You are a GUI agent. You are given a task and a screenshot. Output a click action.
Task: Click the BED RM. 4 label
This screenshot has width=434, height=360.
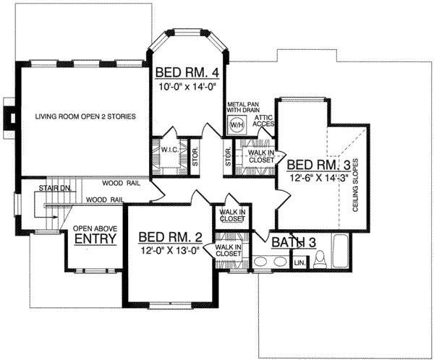point(187,73)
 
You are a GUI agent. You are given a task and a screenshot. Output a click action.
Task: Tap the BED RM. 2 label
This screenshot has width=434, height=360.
point(171,237)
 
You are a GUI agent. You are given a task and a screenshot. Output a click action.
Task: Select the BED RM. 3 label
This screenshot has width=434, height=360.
point(318,165)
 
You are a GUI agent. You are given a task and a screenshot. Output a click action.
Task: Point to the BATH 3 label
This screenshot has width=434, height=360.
point(294,243)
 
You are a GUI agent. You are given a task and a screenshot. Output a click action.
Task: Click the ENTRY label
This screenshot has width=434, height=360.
point(95,239)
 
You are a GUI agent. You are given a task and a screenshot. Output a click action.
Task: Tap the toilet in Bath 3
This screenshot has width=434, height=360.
point(320,259)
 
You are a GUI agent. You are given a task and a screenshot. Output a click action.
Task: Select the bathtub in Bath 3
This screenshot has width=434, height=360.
point(341,252)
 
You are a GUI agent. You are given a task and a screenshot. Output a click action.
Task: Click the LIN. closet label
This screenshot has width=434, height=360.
point(299,263)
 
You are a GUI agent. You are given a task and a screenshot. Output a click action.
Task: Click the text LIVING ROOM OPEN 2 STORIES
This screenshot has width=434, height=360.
point(85,116)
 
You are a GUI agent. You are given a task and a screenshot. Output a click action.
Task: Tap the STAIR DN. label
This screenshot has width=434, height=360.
point(55,189)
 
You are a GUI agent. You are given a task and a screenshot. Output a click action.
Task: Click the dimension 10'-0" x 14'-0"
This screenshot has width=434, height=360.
point(187,87)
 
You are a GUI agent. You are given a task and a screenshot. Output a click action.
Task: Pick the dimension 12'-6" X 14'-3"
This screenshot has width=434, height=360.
point(318,177)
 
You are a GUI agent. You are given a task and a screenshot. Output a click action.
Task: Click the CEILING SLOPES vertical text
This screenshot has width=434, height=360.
point(355,185)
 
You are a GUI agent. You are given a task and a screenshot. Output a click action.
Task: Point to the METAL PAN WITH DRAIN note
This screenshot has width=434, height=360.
point(243,107)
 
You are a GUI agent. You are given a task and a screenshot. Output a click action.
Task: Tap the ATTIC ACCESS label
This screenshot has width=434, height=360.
point(263,121)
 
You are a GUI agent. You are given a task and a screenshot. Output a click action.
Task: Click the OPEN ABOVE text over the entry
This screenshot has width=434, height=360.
point(95,229)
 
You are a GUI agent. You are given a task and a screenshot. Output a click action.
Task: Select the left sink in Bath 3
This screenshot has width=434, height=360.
point(260,261)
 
